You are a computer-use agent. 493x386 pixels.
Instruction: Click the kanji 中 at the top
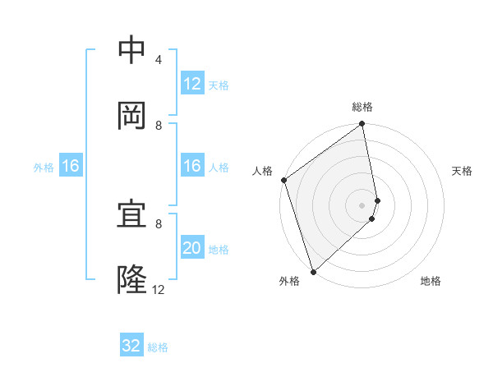131,50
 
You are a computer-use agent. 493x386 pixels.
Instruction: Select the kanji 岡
131,116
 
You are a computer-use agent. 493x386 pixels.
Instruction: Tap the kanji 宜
131,215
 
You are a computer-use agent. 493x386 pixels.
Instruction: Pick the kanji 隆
131,280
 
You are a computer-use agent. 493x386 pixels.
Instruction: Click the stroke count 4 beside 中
159,60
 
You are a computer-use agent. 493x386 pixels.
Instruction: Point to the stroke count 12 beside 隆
159,289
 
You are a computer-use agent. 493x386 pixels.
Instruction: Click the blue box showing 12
192,84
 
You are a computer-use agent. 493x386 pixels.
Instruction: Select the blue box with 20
192,248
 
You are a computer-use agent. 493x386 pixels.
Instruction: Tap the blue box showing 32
131,346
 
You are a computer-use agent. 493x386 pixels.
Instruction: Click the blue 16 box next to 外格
71,167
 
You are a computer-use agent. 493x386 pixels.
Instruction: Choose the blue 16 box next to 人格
192,167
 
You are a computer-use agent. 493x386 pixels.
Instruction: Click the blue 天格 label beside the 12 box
219,85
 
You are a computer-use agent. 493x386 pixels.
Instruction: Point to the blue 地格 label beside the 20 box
219,249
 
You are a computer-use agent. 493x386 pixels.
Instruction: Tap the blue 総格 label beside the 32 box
158,347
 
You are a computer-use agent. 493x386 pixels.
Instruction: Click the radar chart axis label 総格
362,107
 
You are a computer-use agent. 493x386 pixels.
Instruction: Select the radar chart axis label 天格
462,171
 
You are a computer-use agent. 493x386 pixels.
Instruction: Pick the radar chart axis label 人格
262,171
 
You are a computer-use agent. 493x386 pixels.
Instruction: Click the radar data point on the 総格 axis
362,125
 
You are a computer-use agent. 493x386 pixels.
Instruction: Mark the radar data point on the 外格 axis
313,272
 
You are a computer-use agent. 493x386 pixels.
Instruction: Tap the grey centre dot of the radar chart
362,204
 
